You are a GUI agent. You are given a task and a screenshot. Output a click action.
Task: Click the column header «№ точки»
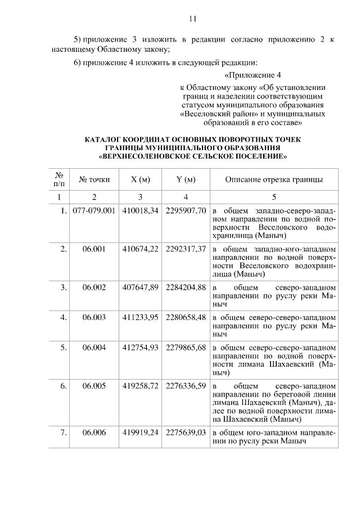94,180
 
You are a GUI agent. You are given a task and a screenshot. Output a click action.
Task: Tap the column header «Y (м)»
186,180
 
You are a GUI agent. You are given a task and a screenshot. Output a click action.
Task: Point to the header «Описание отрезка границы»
273,180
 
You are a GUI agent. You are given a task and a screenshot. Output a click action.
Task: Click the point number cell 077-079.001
94,210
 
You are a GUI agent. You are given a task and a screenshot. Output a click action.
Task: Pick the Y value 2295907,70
186,210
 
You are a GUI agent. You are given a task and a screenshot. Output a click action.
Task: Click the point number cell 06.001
94,249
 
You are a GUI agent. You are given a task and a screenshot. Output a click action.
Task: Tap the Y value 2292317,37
186,249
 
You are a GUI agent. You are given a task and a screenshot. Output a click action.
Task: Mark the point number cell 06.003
94,317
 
